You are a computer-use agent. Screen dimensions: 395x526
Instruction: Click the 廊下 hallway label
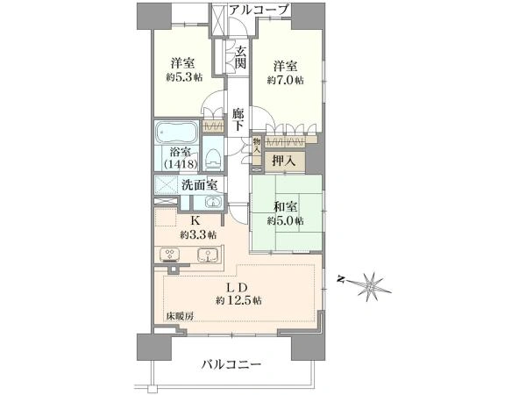click(238, 120)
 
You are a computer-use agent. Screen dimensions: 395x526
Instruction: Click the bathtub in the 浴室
click(179, 133)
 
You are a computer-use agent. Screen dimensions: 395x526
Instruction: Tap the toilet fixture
click(213, 159)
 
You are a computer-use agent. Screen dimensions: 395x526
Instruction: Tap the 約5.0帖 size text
click(287, 220)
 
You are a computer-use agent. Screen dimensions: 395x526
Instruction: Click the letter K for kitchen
click(196, 221)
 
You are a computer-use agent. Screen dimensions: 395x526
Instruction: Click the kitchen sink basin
click(208, 256)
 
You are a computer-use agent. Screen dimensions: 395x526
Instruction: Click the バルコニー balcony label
click(231, 363)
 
